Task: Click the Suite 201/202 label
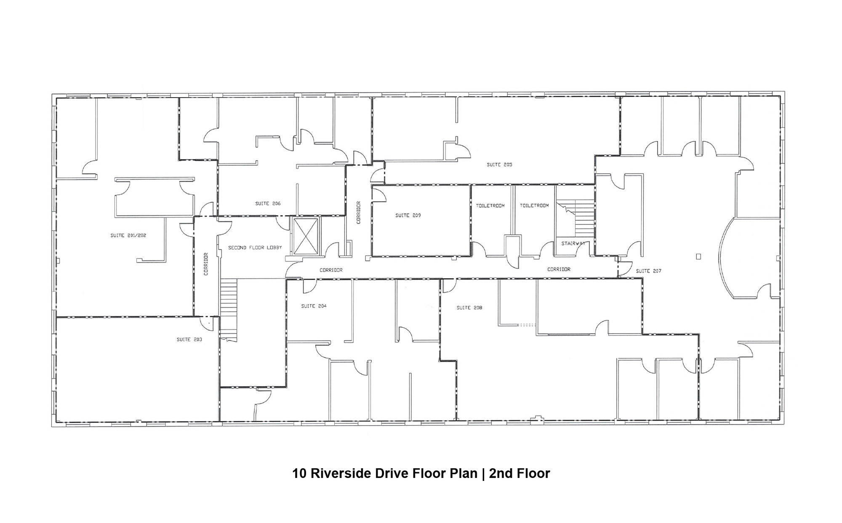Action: (128, 235)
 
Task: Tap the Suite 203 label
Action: (189, 339)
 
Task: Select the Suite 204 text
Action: (314, 306)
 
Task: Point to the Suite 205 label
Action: (499, 165)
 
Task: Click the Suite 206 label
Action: (268, 203)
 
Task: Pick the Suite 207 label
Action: (648, 271)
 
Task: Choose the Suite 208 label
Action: (469, 308)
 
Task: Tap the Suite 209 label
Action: (408, 215)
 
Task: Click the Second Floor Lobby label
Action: (255, 248)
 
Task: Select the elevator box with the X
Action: (306, 236)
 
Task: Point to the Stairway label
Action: (573, 244)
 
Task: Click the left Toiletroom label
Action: (490, 206)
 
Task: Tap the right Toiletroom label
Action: (534, 206)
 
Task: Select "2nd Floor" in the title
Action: (520, 473)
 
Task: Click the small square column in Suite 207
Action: (698, 256)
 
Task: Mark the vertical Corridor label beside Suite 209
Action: (358, 212)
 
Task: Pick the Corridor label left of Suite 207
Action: (559, 269)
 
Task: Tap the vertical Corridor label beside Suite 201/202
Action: (206, 264)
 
